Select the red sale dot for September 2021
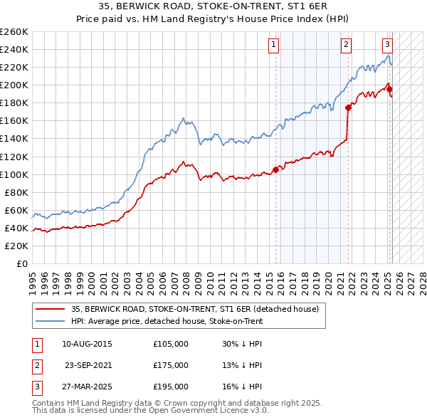point(348,107)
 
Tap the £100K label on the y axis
point(14,174)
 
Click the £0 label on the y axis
point(21,263)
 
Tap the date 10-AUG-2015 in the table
point(87,344)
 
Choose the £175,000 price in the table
point(171,365)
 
